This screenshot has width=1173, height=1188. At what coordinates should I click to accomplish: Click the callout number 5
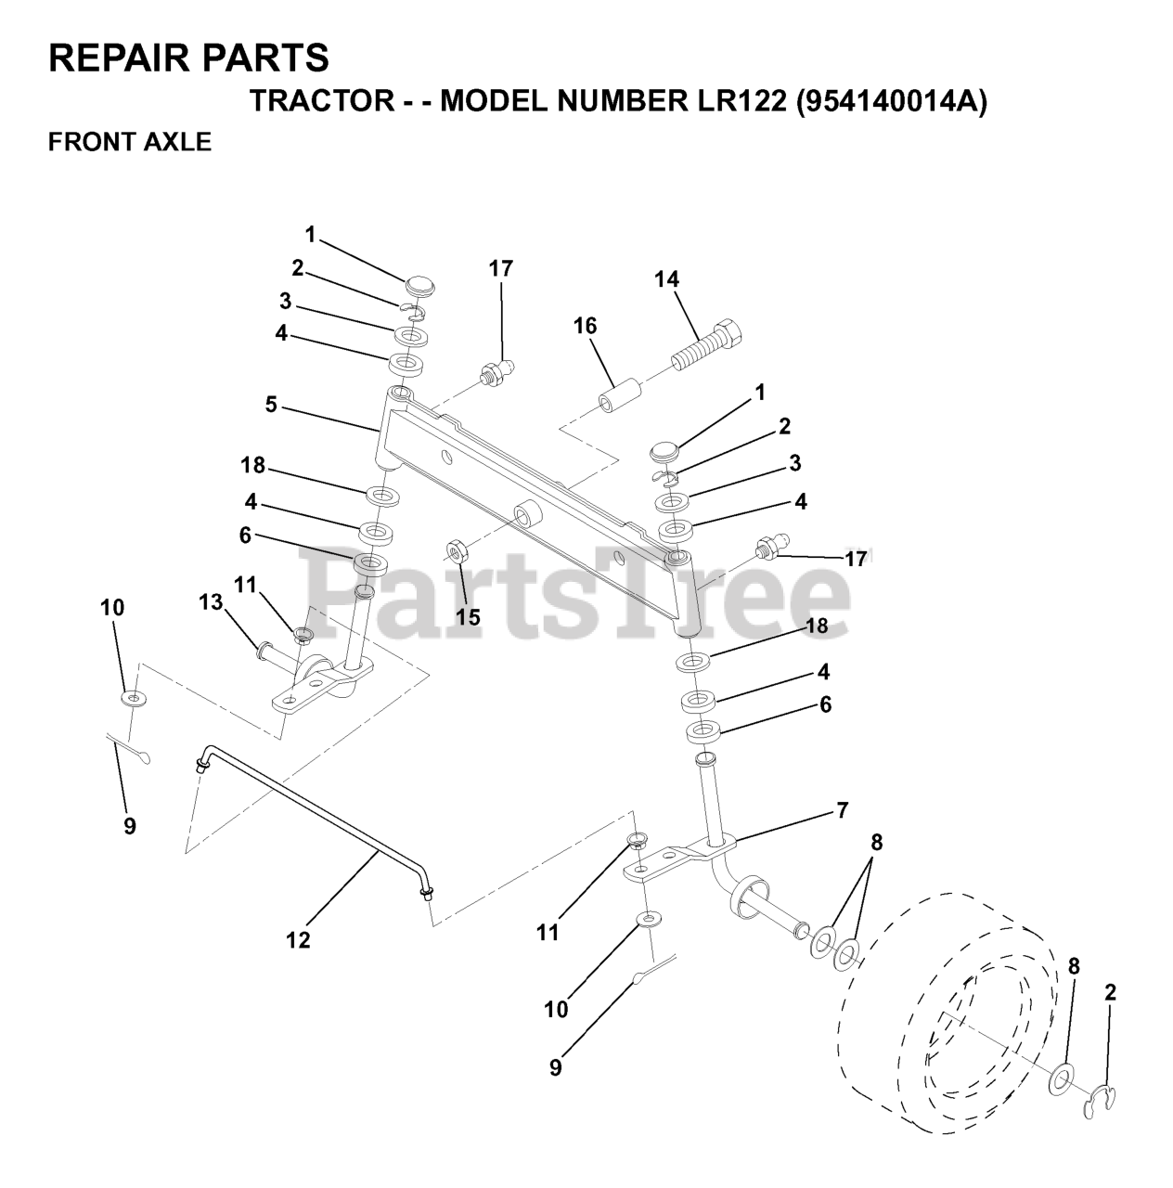tap(271, 406)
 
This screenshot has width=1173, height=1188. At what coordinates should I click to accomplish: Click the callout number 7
tap(842, 810)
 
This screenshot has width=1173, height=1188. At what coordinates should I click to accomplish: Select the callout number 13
tap(211, 602)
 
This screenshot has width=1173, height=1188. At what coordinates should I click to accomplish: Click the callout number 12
tap(298, 940)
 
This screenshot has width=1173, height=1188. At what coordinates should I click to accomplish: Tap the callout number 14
tap(666, 278)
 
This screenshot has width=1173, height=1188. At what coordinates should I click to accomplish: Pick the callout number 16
tap(585, 326)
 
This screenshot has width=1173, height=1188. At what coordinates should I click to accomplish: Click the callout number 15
tap(469, 617)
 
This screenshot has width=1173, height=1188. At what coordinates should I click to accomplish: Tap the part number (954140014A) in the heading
tap(891, 100)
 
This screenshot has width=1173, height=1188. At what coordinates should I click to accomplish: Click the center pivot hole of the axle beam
tap(528, 512)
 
